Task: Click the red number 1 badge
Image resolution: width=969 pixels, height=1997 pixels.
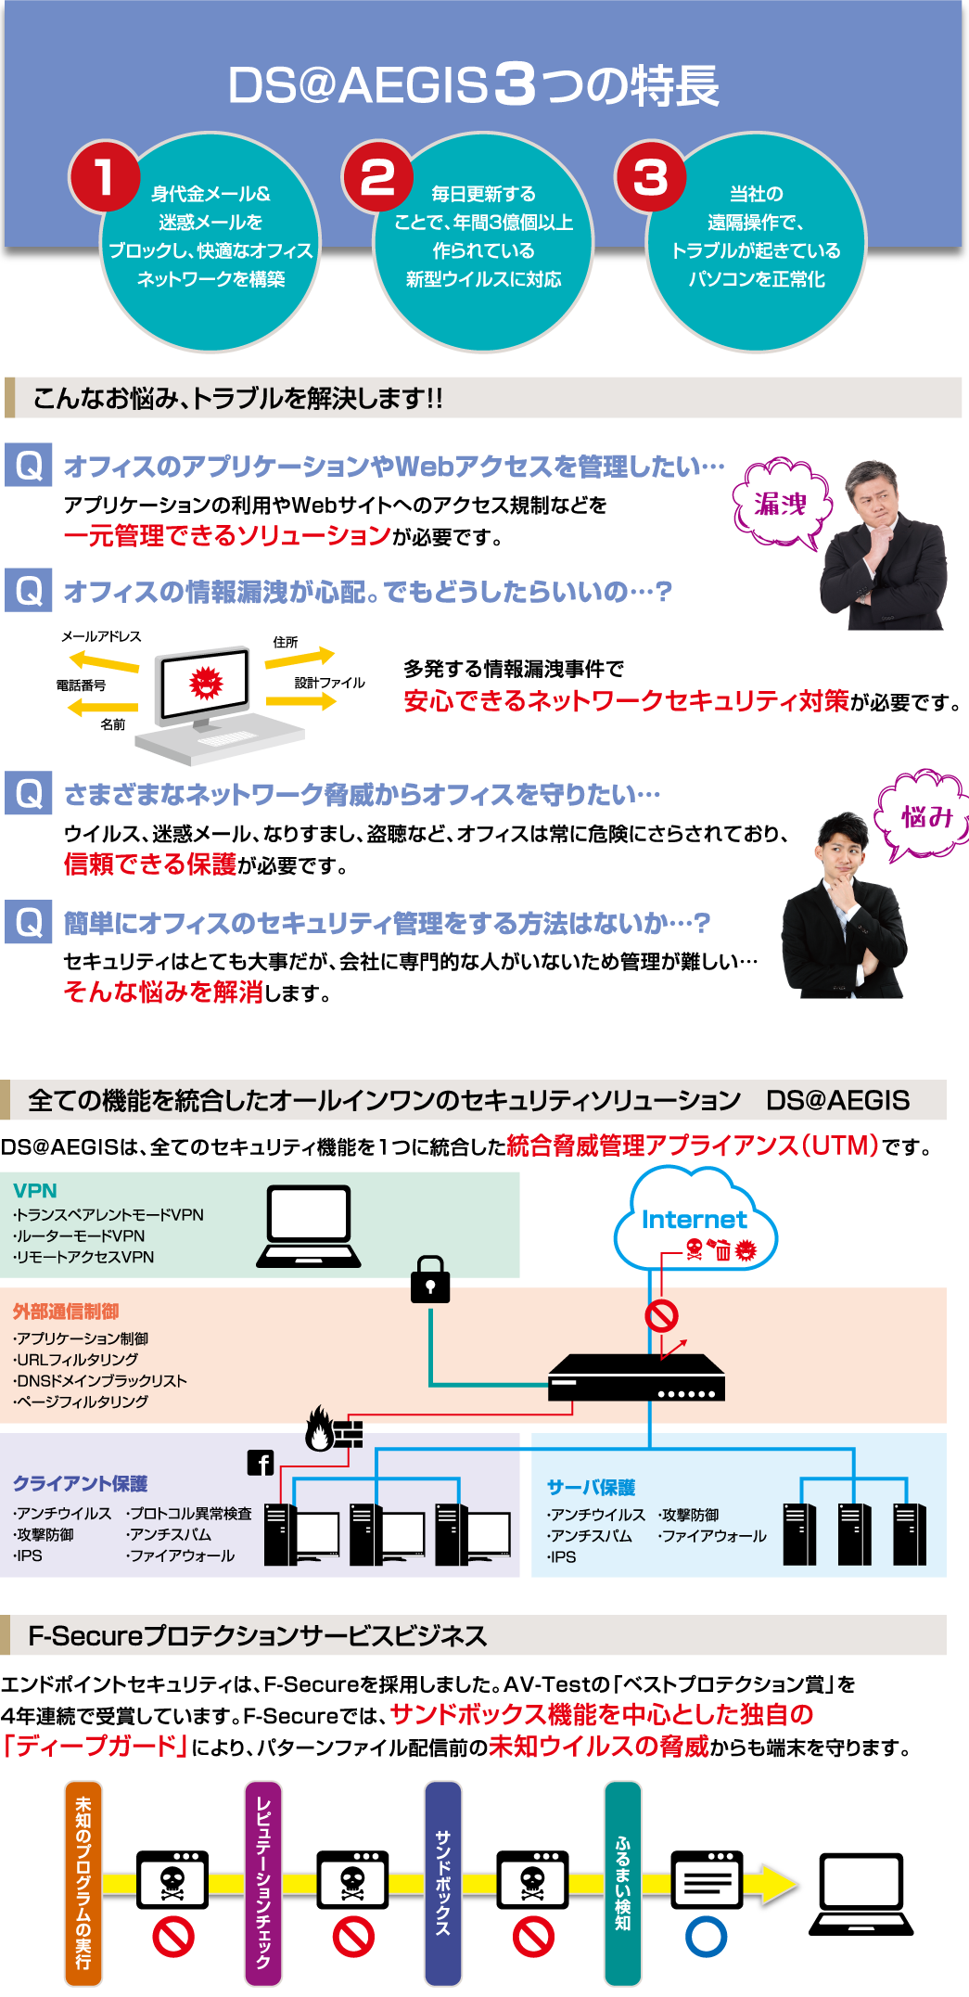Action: tap(104, 176)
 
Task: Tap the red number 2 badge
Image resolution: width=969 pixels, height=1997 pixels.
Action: tap(377, 176)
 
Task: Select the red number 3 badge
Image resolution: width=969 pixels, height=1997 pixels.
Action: tap(650, 176)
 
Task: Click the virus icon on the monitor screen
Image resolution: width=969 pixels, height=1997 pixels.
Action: tap(205, 683)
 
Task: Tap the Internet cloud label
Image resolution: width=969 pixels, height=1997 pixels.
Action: tap(694, 1220)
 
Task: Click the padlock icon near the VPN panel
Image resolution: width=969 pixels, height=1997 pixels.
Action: tap(430, 1280)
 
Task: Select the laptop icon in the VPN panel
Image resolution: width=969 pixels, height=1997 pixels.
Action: tap(309, 1224)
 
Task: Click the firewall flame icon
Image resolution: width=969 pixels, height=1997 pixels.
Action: tap(320, 1429)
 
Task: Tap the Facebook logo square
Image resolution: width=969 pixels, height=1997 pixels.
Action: tap(261, 1463)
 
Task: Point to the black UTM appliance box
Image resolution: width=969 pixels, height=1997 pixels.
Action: tap(636, 1377)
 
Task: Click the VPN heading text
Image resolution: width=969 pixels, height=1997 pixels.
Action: tap(35, 1191)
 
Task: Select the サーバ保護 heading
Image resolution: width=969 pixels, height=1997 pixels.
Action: tap(591, 1488)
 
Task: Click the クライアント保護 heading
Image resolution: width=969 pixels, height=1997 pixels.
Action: tap(80, 1484)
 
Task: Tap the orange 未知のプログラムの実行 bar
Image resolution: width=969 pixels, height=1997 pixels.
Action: tap(83, 1883)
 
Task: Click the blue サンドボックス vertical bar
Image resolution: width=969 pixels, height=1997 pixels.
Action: tap(443, 1883)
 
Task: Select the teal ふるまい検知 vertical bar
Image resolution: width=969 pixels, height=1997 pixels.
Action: tap(622, 1883)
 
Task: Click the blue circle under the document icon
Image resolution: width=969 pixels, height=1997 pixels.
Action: tap(707, 1937)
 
